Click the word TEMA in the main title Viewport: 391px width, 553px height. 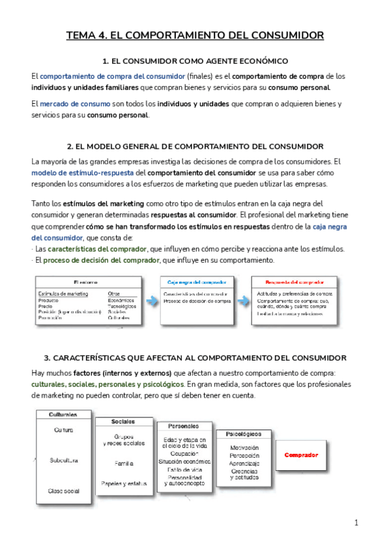coord(81,35)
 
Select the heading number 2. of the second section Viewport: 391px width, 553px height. coord(72,147)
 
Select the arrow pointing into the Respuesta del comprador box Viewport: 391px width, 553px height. coord(242,300)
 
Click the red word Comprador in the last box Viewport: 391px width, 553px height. coord(301,455)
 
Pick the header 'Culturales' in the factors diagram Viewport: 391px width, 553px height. coord(63,414)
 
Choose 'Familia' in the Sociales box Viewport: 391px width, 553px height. coord(124,463)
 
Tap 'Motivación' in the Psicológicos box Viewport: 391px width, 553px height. coord(244,447)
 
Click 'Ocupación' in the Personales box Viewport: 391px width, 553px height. coord(184,453)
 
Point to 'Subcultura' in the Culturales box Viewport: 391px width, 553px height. coord(63,460)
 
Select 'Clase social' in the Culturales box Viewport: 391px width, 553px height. coord(63,490)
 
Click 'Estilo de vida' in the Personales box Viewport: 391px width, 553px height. coord(184,469)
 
